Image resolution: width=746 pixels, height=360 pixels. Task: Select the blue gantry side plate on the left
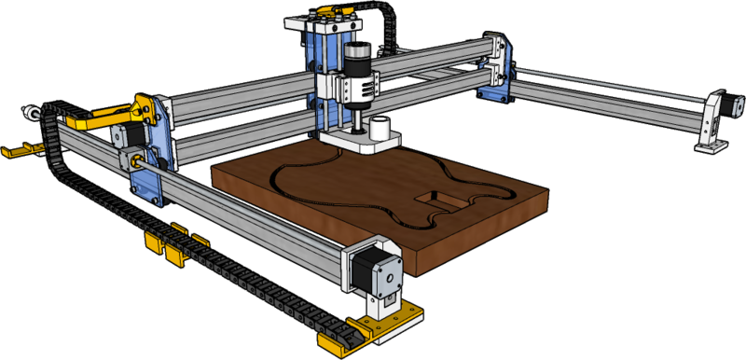[x=149, y=149]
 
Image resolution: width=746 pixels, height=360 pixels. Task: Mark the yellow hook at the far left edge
[x=19, y=149]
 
